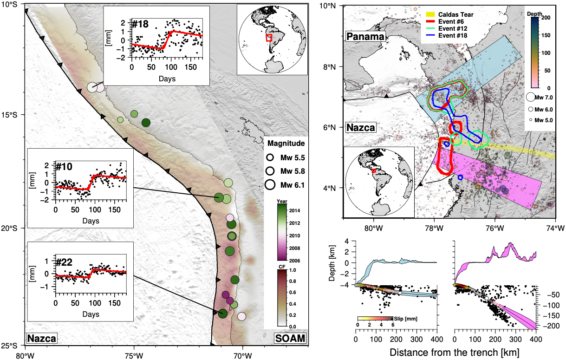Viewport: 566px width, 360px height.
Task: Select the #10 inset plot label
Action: pyautogui.click(x=63, y=166)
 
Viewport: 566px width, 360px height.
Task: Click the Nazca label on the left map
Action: pyautogui.click(x=42, y=338)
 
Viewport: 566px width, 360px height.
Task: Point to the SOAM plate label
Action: pyautogui.click(x=291, y=338)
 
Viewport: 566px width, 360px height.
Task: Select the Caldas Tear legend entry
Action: pyautogui.click(x=448, y=14)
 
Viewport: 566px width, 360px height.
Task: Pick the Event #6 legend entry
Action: pyautogui.click(x=445, y=21)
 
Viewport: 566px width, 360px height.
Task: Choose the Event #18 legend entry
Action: pyautogui.click(x=447, y=35)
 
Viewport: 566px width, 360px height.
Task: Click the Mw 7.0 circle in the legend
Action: pyautogui.click(x=531, y=97)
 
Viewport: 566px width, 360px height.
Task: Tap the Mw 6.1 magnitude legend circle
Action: pyautogui.click(x=269, y=184)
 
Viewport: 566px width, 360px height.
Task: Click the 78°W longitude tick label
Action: pyautogui.click(x=434, y=228)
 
